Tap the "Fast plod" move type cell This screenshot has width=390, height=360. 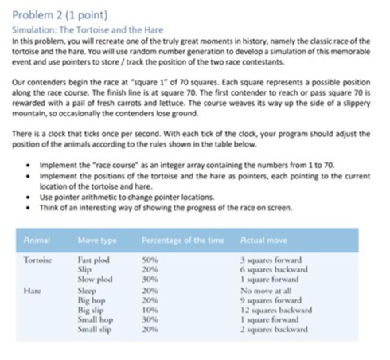click(x=96, y=260)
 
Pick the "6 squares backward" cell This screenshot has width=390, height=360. click(x=279, y=269)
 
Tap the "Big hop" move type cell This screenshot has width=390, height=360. click(x=93, y=300)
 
